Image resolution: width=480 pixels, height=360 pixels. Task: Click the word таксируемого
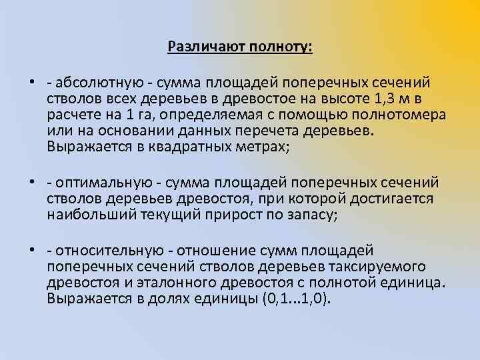click(x=383, y=267)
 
